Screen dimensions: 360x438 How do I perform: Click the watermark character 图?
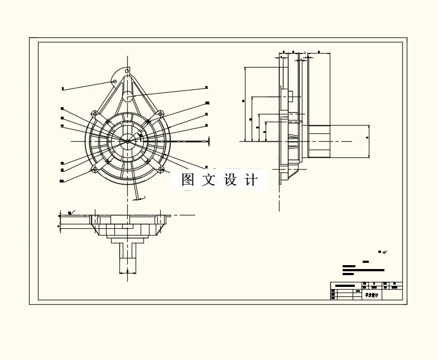click(187, 180)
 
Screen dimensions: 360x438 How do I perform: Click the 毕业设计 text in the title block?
click(372, 295)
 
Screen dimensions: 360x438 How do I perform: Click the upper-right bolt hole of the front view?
click(161, 114)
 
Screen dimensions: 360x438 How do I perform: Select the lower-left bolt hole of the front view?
click(95, 169)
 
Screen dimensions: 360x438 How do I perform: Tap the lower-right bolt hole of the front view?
click(161, 169)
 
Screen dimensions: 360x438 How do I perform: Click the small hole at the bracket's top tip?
click(127, 71)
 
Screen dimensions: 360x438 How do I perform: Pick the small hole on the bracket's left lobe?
click(115, 81)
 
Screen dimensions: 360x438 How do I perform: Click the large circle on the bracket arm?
click(127, 96)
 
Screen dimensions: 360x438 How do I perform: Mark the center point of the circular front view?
click(128, 141)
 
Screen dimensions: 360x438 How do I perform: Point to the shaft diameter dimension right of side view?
click(368, 137)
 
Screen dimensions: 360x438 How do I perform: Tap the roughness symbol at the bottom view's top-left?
click(70, 212)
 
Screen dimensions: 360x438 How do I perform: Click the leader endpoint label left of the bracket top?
click(63, 88)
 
